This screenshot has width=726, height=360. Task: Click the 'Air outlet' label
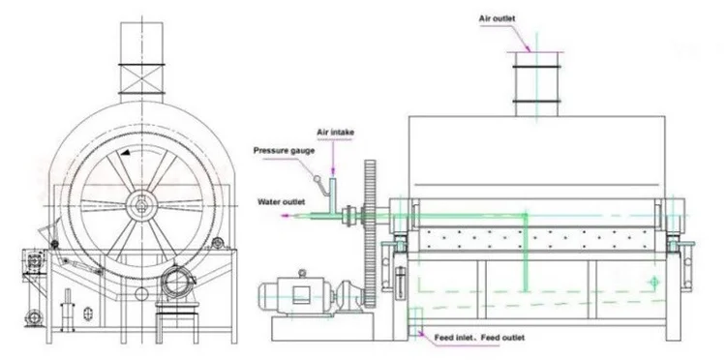(497, 19)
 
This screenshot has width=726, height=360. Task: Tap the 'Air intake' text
(336, 133)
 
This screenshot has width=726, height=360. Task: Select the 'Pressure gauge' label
(284, 151)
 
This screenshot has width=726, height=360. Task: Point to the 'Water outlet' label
(282, 202)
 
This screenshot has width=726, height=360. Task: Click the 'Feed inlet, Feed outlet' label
(479, 338)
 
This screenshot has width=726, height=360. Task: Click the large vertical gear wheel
(370, 233)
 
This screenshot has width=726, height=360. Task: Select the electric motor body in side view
(295, 293)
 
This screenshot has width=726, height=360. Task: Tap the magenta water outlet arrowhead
(286, 216)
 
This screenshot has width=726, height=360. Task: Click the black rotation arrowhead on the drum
(124, 153)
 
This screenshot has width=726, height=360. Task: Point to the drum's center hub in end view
(141, 203)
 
